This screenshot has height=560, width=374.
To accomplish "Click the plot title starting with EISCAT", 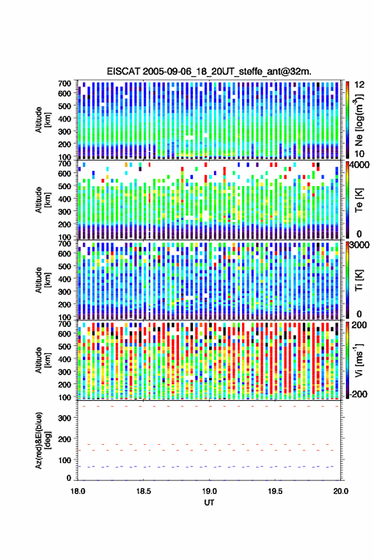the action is pos(209,71).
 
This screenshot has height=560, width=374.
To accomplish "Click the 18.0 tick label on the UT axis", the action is pos(78,491).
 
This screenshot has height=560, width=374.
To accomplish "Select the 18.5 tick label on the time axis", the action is pos(143,491).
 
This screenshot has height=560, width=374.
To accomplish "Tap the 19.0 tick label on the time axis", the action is pos(210,491).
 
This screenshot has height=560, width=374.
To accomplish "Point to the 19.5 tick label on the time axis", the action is pos(275,491).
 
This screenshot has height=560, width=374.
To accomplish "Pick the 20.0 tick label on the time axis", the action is pos(341,491).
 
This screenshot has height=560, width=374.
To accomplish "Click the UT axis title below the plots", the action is pos(210,503).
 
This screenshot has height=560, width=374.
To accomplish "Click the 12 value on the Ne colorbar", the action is pos(360,85).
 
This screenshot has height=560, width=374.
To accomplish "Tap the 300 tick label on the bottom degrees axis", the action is pos(64,418).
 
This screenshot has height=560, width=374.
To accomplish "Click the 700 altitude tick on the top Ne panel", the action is pos(64,83).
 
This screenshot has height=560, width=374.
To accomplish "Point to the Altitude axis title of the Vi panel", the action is pos(43,360).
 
